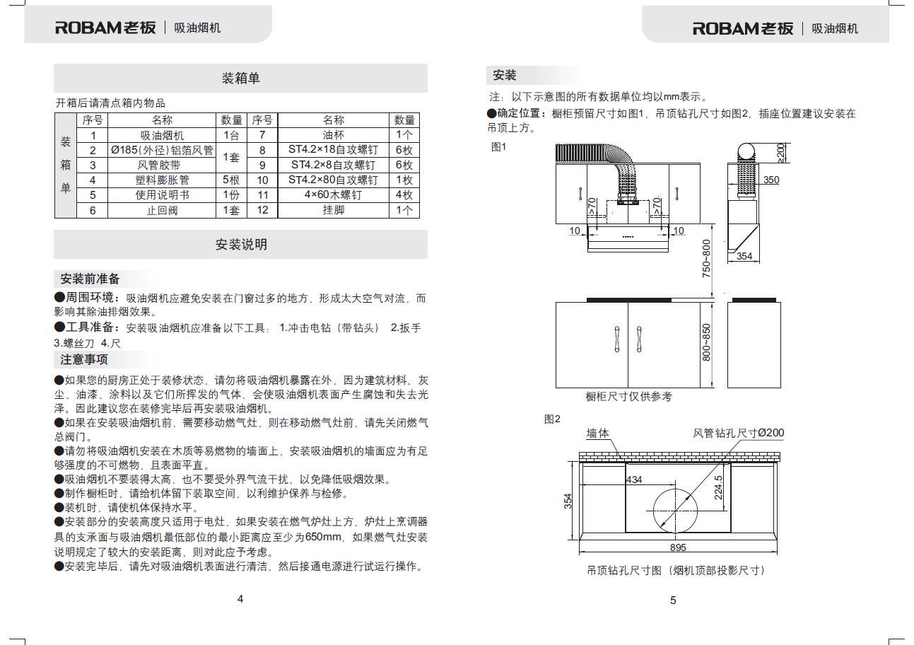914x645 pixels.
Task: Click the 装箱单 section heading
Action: (x=240, y=78)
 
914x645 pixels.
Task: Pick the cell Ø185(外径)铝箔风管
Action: (x=162, y=150)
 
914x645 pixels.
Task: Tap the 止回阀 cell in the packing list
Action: (x=162, y=210)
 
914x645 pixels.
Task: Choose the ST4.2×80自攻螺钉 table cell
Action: (x=333, y=180)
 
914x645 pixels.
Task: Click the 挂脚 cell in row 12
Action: (x=333, y=210)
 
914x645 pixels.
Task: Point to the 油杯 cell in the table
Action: (x=333, y=135)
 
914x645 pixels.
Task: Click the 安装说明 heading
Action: (x=240, y=245)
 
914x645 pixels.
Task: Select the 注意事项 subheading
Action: (x=84, y=359)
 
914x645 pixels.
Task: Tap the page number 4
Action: (x=240, y=599)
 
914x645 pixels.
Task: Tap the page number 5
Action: (x=673, y=600)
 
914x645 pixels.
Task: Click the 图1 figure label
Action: (x=499, y=146)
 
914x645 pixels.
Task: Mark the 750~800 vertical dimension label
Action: (x=706, y=258)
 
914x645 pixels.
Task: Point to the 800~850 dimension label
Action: (x=706, y=342)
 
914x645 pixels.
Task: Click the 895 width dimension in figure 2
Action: (x=678, y=547)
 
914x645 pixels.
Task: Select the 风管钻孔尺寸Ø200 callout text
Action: (x=738, y=433)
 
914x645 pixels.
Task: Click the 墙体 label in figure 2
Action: (x=598, y=433)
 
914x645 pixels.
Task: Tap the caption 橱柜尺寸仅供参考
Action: (x=629, y=397)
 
